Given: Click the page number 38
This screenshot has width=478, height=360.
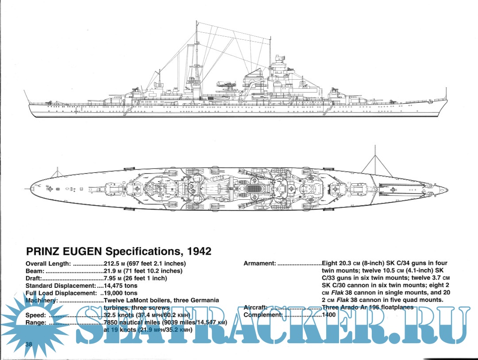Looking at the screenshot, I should [29, 345].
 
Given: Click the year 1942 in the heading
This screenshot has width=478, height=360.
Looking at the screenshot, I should [199, 252].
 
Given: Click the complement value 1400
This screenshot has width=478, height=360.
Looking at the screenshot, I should [328, 315].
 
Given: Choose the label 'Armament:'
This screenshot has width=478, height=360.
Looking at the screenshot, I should [260, 263].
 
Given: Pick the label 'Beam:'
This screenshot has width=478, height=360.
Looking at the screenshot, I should [35, 271].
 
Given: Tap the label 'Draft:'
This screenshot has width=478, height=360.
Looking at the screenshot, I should [34, 278].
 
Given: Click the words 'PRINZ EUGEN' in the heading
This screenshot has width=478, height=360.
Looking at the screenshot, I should [63, 252].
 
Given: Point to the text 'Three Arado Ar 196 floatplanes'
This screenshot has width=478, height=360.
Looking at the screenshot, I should [367, 307].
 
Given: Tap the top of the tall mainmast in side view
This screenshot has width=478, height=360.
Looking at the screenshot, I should [196, 22].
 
